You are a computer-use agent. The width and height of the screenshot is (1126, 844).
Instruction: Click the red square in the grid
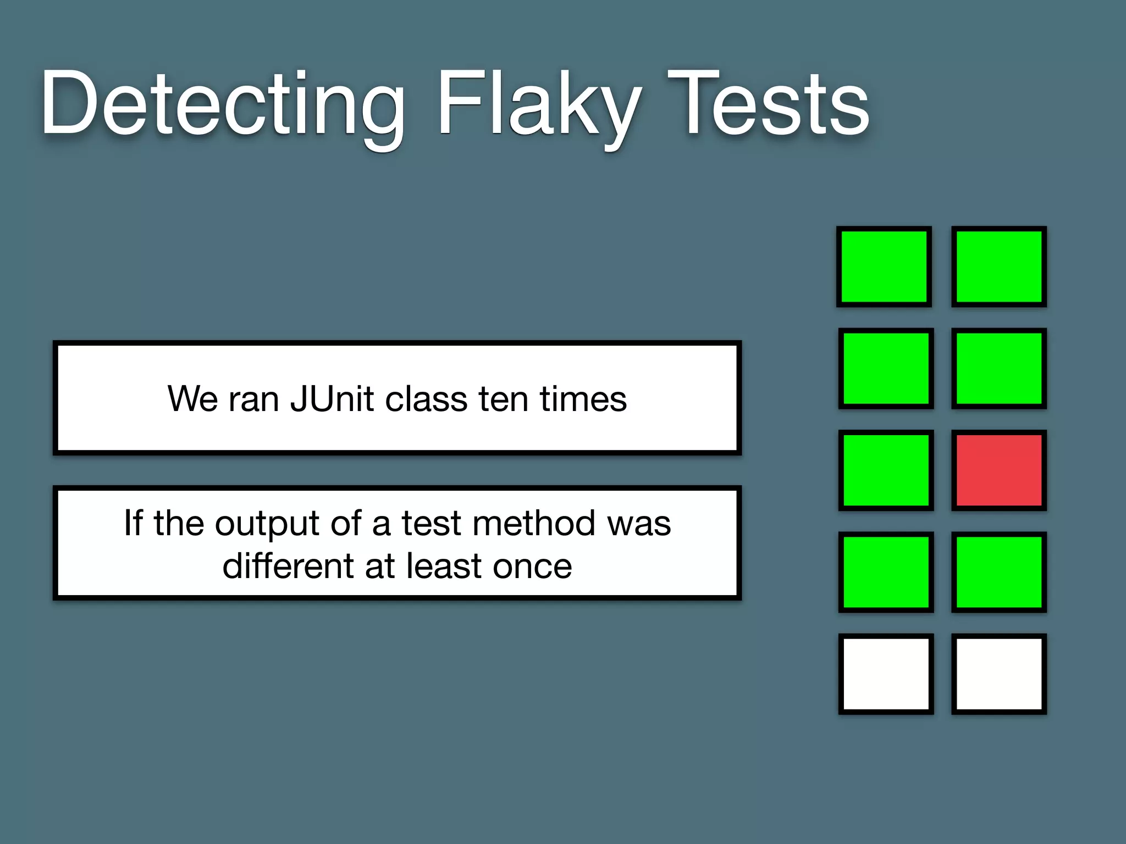999,470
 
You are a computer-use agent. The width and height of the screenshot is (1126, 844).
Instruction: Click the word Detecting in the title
222,104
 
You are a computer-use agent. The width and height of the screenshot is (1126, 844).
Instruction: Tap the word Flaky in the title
539,104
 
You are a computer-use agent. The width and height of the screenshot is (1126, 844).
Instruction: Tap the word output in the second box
267,523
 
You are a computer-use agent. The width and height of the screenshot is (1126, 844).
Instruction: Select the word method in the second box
533,523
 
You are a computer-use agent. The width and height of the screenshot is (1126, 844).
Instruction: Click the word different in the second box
288,566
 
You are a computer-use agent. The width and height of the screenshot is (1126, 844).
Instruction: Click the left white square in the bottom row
886,674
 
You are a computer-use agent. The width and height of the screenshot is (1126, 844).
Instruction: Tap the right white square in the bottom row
999,674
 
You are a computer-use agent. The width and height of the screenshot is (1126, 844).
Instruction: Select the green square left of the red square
886,470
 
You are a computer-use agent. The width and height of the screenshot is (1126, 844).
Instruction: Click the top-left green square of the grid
884,266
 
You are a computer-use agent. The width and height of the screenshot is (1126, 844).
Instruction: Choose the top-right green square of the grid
999,266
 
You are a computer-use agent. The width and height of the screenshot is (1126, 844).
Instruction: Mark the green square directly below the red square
999,572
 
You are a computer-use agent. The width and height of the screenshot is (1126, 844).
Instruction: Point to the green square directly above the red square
999,368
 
